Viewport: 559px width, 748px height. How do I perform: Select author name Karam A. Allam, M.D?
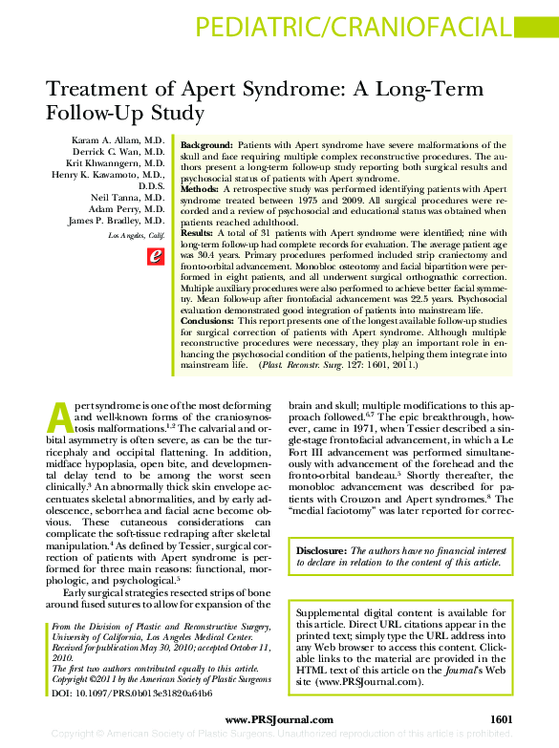(118, 141)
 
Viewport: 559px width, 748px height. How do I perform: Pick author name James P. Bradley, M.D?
(118, 222)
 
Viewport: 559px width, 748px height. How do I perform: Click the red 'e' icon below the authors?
(154, 255)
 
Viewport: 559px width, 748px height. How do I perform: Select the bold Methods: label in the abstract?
(200, 189)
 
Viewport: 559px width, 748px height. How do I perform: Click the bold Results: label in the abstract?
(197, 233)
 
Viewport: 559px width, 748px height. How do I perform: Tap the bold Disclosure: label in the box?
(321, 551)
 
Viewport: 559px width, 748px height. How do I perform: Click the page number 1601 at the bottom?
(503, 718)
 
